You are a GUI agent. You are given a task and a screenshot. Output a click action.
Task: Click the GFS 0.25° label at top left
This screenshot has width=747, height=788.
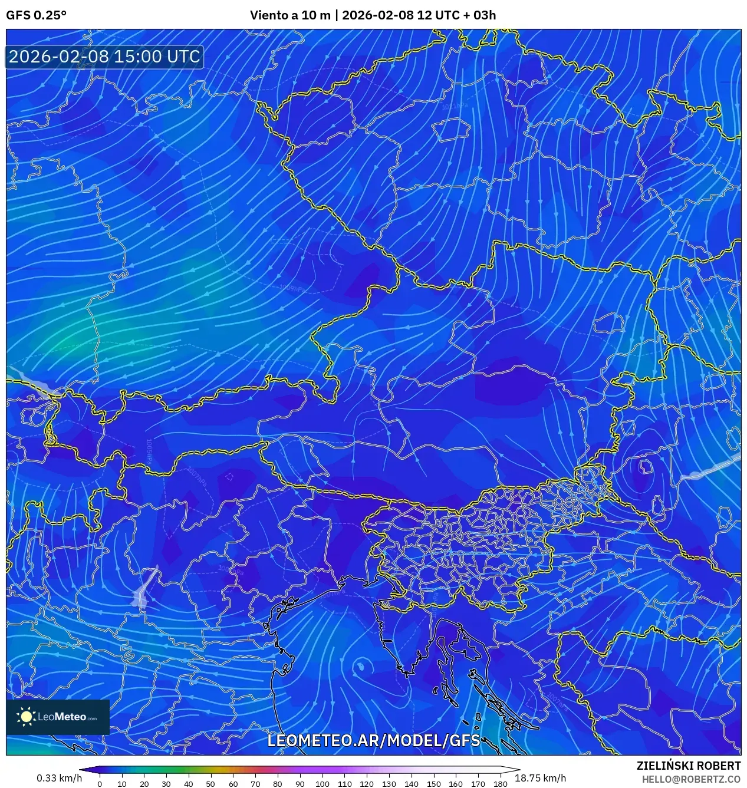click(x=36, y=15)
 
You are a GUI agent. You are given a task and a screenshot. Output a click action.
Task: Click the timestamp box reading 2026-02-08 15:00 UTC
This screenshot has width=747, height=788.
click(x=104, y=57)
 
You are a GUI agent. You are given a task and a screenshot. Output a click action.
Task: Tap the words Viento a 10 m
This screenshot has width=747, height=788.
click(x=290, y=15)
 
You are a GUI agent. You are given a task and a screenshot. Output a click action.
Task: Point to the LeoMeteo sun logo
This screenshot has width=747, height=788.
click(x=27, y=717)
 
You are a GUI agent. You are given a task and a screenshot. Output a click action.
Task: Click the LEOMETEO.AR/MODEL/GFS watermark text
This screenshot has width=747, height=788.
click(x=374, y=740)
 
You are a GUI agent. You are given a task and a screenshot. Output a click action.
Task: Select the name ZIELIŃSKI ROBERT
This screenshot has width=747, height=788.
click(x=688, y=766)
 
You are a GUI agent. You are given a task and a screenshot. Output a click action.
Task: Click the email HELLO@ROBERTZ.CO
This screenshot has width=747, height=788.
click(x=691, y=779)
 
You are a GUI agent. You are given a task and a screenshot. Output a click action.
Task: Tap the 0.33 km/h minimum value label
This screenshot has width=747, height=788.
click(x=59, y=778)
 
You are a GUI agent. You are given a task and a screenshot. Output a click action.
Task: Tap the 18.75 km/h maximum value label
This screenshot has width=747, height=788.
click(x=540, y=778)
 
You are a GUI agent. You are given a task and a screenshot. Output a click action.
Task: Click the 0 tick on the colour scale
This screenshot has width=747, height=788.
click(x=100, y=784)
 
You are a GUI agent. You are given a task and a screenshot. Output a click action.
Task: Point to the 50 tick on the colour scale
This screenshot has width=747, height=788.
click(x=210, y=784)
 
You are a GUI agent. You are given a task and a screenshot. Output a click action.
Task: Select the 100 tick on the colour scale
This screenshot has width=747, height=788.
click(x=322, y=784)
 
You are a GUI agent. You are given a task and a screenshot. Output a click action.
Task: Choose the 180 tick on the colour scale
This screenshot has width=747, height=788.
click(x=500, y=784)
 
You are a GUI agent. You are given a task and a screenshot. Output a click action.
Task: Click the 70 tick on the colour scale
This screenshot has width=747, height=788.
click(x=255, y=784)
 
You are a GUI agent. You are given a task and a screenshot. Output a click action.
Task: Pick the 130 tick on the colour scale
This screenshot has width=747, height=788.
click(x=389, y=784)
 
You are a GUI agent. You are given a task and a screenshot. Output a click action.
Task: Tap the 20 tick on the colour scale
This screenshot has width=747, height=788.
click(x=144, y=784)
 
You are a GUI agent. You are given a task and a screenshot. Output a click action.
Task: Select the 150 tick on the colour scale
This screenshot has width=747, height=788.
click(x=433, y=784)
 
